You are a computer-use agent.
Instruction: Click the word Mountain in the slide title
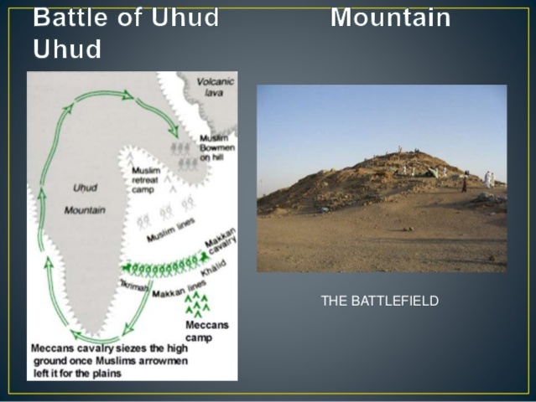(390, 18)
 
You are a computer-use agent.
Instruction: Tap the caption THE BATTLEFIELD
(379, 301)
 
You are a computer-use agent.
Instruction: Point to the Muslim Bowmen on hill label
(216, 147)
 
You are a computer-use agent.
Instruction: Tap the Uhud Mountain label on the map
(84, 198)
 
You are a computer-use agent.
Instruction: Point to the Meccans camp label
(200, 331)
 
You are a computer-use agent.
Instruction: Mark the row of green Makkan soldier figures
(164, 268)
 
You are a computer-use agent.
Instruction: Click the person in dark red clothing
(465, 185)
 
